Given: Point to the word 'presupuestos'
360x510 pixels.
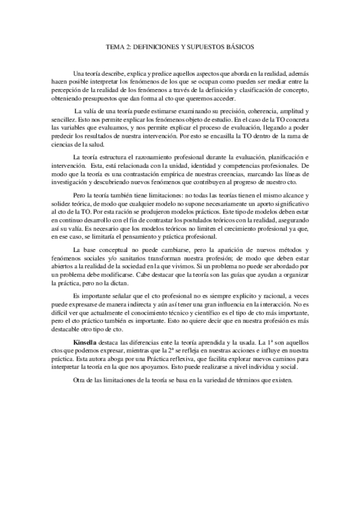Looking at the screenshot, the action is tap(110, 100).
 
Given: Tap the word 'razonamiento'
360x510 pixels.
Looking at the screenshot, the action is tap(155, 158).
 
